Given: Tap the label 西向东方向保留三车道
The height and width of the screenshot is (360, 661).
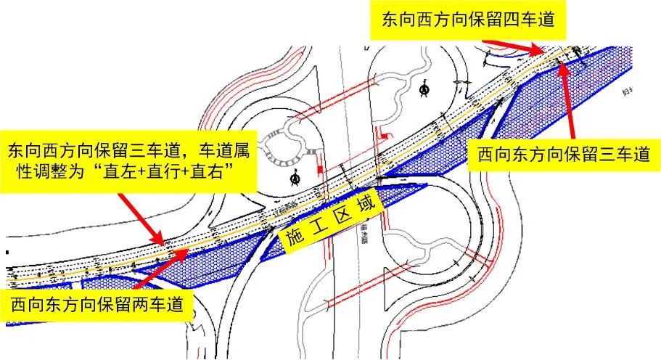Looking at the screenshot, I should pyautogui.click(x=563, y=155).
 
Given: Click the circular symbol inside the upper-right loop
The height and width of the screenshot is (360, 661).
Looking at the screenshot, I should pyautogui.click(x=424, y=89).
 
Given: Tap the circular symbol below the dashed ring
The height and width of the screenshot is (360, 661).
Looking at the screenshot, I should pyautogui.click(x=295, y=177).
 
